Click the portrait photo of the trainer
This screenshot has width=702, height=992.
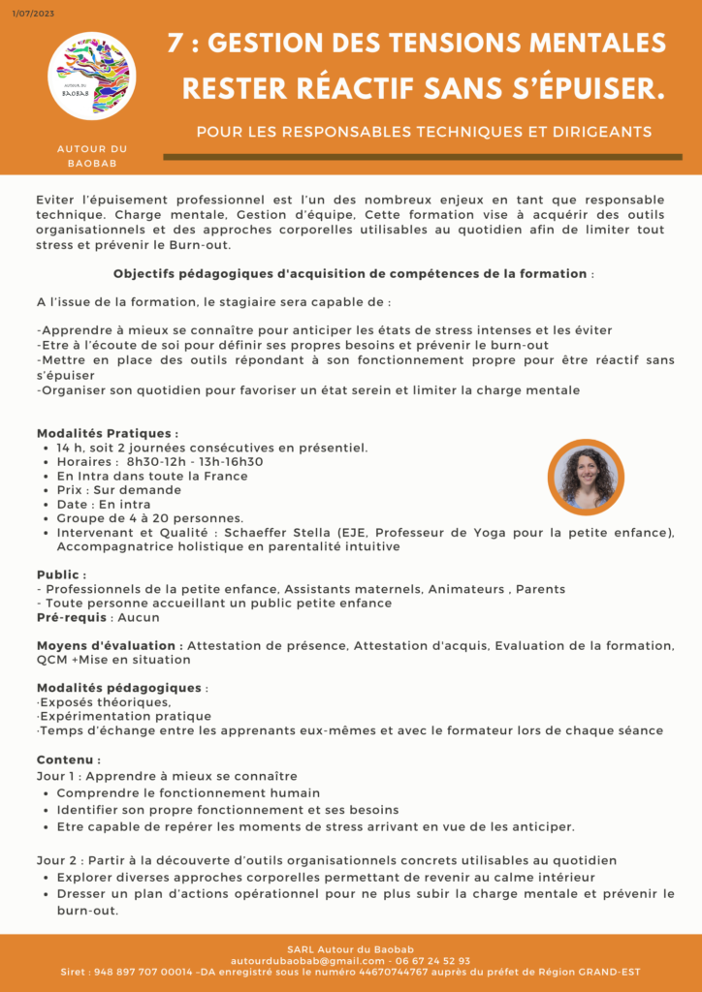[x=585, y=477]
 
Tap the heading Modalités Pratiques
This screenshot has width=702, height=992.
[x=108, y=433]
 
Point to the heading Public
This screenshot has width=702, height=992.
[x=61, y=574]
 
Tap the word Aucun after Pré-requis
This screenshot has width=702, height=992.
[x=138, y=617]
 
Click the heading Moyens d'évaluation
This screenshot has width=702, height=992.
[x=110, y=645]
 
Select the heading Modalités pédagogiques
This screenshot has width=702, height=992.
[x=121, y=688]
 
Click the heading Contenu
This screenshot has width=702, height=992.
[x=68, y=760]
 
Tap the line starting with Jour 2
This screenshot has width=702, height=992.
[x=326, y=860]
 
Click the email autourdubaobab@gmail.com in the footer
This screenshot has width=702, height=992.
[x=308, y=961]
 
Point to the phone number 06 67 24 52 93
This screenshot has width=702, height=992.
[x=433, y=961]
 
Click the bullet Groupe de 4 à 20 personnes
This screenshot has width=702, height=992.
[x=150, y=518]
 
